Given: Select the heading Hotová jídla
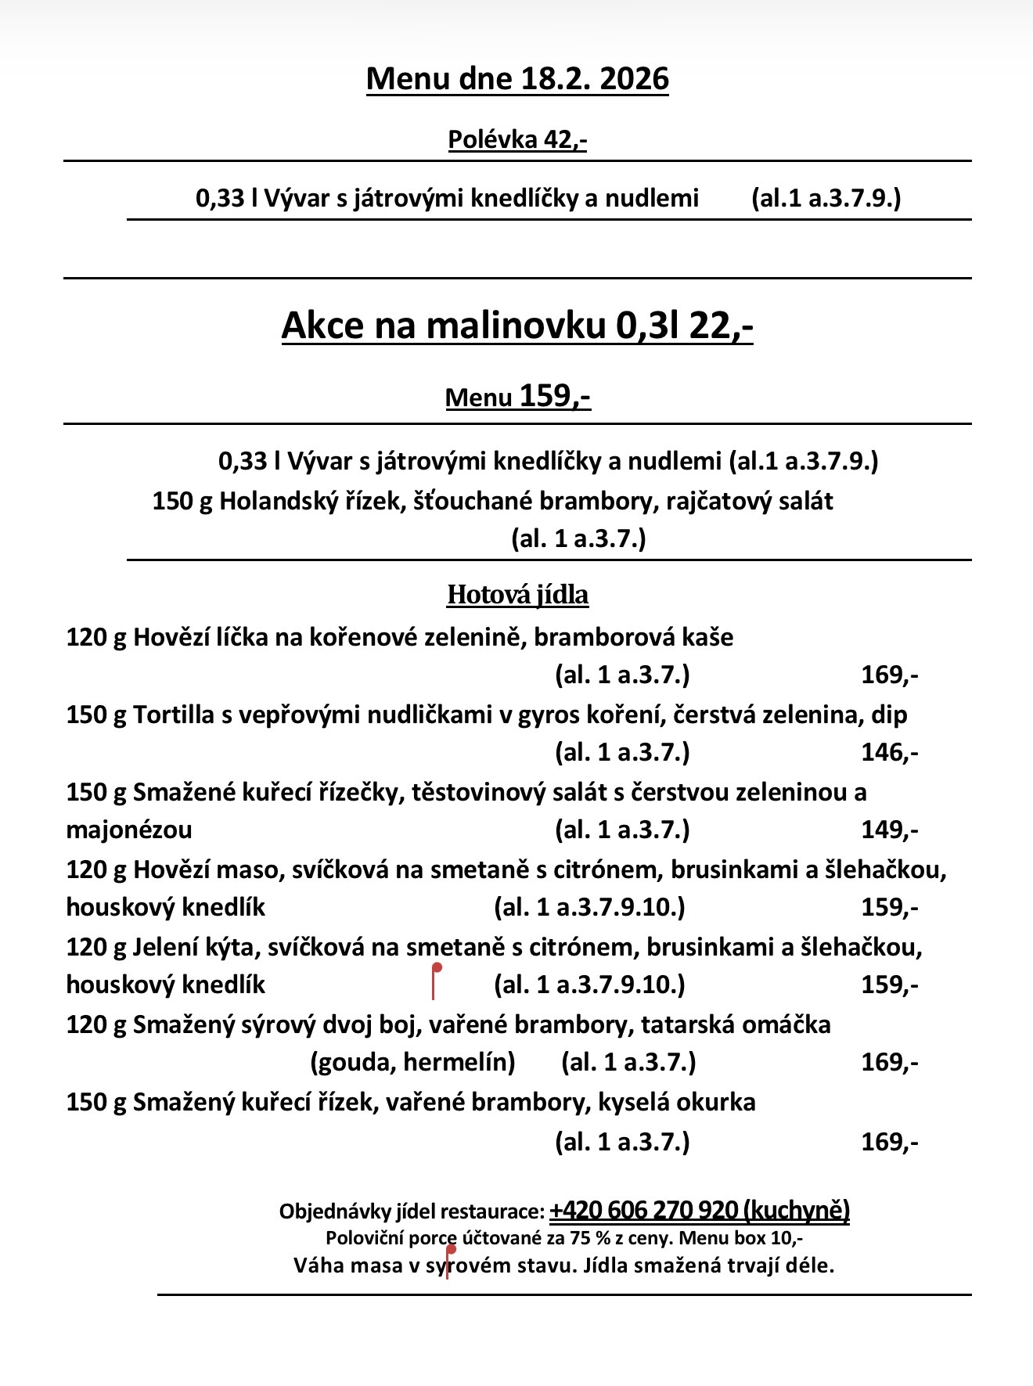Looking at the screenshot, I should [517, 595].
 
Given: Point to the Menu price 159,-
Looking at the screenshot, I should [555, 396].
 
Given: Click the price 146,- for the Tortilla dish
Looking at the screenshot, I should [889, 752].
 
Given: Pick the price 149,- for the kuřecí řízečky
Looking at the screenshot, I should [889, 830].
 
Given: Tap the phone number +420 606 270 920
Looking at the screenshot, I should [643, 1211].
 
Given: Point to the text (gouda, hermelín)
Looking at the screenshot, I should [412, 1062].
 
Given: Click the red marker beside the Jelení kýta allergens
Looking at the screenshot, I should [435, 981].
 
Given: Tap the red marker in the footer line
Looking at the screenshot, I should [449, 1261].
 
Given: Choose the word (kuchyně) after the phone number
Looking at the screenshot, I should [796, 1211].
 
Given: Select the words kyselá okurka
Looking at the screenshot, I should [676, 1102].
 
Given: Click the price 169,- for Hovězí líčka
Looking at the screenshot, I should [889, 675].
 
